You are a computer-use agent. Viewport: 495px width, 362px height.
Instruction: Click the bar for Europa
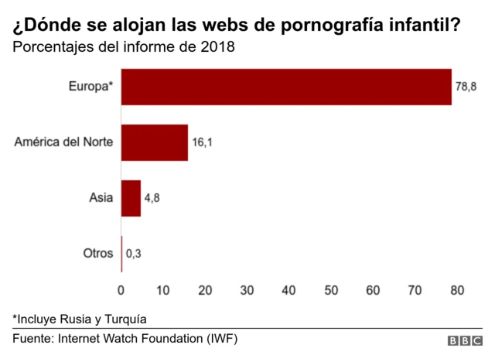286,87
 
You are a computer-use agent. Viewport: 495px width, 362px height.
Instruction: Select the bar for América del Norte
155,142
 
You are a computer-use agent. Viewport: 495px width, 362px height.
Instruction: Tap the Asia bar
131,198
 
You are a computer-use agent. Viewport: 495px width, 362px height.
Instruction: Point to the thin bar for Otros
121,254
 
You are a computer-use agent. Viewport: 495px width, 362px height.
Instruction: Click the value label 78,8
466,87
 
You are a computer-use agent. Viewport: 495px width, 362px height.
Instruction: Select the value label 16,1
203,143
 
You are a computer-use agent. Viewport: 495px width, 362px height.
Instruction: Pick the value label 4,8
152,199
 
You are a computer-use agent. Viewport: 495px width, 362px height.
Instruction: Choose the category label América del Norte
63,142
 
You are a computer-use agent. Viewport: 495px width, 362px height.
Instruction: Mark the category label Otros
97,254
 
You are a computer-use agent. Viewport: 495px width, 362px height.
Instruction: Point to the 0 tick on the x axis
121,290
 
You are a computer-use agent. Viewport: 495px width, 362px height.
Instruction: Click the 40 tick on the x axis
288,290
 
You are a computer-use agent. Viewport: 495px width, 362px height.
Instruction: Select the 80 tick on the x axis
456,290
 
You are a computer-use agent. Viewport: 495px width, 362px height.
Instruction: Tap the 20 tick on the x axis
205,290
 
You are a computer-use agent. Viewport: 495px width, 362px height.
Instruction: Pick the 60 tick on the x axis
373,290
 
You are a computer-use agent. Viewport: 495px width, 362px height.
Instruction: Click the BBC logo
464,341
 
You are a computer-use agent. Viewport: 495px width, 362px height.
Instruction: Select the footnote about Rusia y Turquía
79,318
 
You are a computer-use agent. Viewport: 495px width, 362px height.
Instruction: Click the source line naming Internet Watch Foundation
125,339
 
